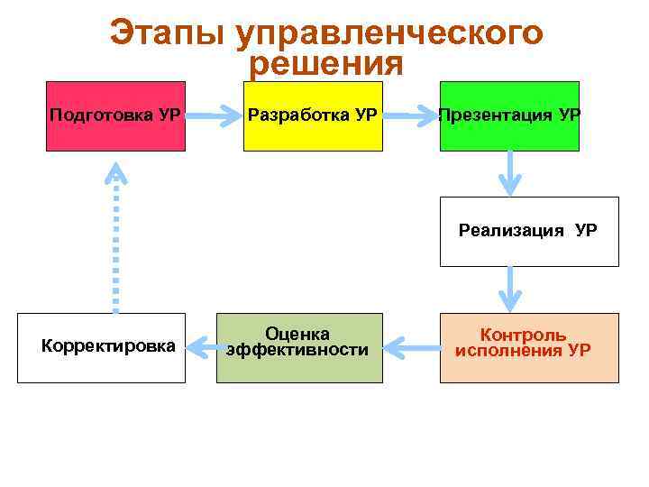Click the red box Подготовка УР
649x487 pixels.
pos(115,115)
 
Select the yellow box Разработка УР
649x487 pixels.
pos(312,115)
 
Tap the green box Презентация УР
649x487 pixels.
pos(509,115)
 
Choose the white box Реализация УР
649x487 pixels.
pos(529,231)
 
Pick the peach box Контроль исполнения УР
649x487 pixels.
pos(529,347)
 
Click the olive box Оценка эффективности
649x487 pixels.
pos(299,347)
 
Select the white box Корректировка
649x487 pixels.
pos(102,347)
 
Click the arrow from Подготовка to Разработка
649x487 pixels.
pos(215,115)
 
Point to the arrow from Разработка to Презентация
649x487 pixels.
pos(410,115)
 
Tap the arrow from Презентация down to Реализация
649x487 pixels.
pos(511,172)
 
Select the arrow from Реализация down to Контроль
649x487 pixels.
pos(511,289)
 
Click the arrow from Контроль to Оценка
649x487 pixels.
pos(411,344)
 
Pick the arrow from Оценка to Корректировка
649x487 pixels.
pos(201,344)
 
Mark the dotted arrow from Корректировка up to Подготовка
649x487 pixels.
pos(116,239)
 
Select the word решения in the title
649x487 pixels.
pos(325,64)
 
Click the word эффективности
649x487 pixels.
pos(297,350)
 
